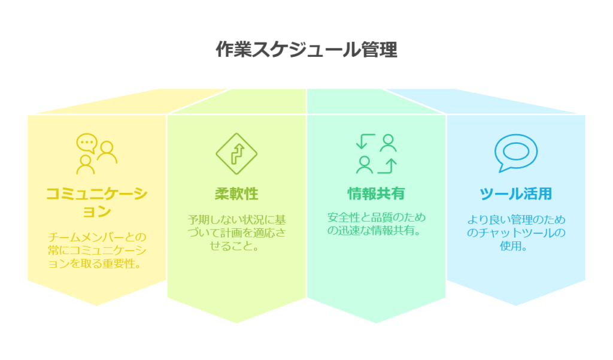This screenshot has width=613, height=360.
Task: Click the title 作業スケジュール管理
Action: click(306, 50)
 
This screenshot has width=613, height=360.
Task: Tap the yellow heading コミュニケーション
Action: click(96, 202)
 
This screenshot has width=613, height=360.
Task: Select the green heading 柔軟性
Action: click(236, 194)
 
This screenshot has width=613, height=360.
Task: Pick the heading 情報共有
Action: click(376, 194)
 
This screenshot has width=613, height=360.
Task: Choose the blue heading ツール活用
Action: click(515, 194)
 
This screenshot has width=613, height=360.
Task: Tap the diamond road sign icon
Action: click(236, 153)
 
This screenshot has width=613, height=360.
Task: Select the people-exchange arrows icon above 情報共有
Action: click(376, 153)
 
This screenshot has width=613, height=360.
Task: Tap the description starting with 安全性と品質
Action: click(376, 223)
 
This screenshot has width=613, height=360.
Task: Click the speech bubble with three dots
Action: click(87, 143)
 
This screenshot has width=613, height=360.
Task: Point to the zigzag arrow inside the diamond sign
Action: click(236, 153)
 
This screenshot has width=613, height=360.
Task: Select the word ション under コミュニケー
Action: click(96, 211)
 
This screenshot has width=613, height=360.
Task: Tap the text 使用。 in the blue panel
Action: click(515, 246)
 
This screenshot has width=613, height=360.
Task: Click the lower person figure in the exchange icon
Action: click(363, 164)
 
